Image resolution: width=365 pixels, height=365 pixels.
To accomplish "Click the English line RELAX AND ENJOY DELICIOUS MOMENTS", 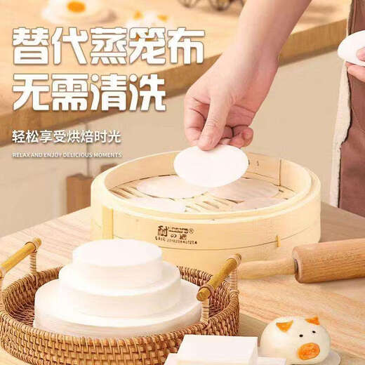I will coord(67,155).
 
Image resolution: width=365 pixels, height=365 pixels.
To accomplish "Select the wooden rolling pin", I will coord(309,264).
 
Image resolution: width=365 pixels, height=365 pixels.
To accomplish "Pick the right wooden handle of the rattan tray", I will coord(218,277).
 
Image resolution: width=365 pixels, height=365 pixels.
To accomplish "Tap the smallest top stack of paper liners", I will coord(118,257).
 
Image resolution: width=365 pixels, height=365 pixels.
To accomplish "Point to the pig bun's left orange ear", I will coord(284,326).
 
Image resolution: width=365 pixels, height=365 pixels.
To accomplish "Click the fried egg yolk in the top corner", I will coord(76,6).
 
